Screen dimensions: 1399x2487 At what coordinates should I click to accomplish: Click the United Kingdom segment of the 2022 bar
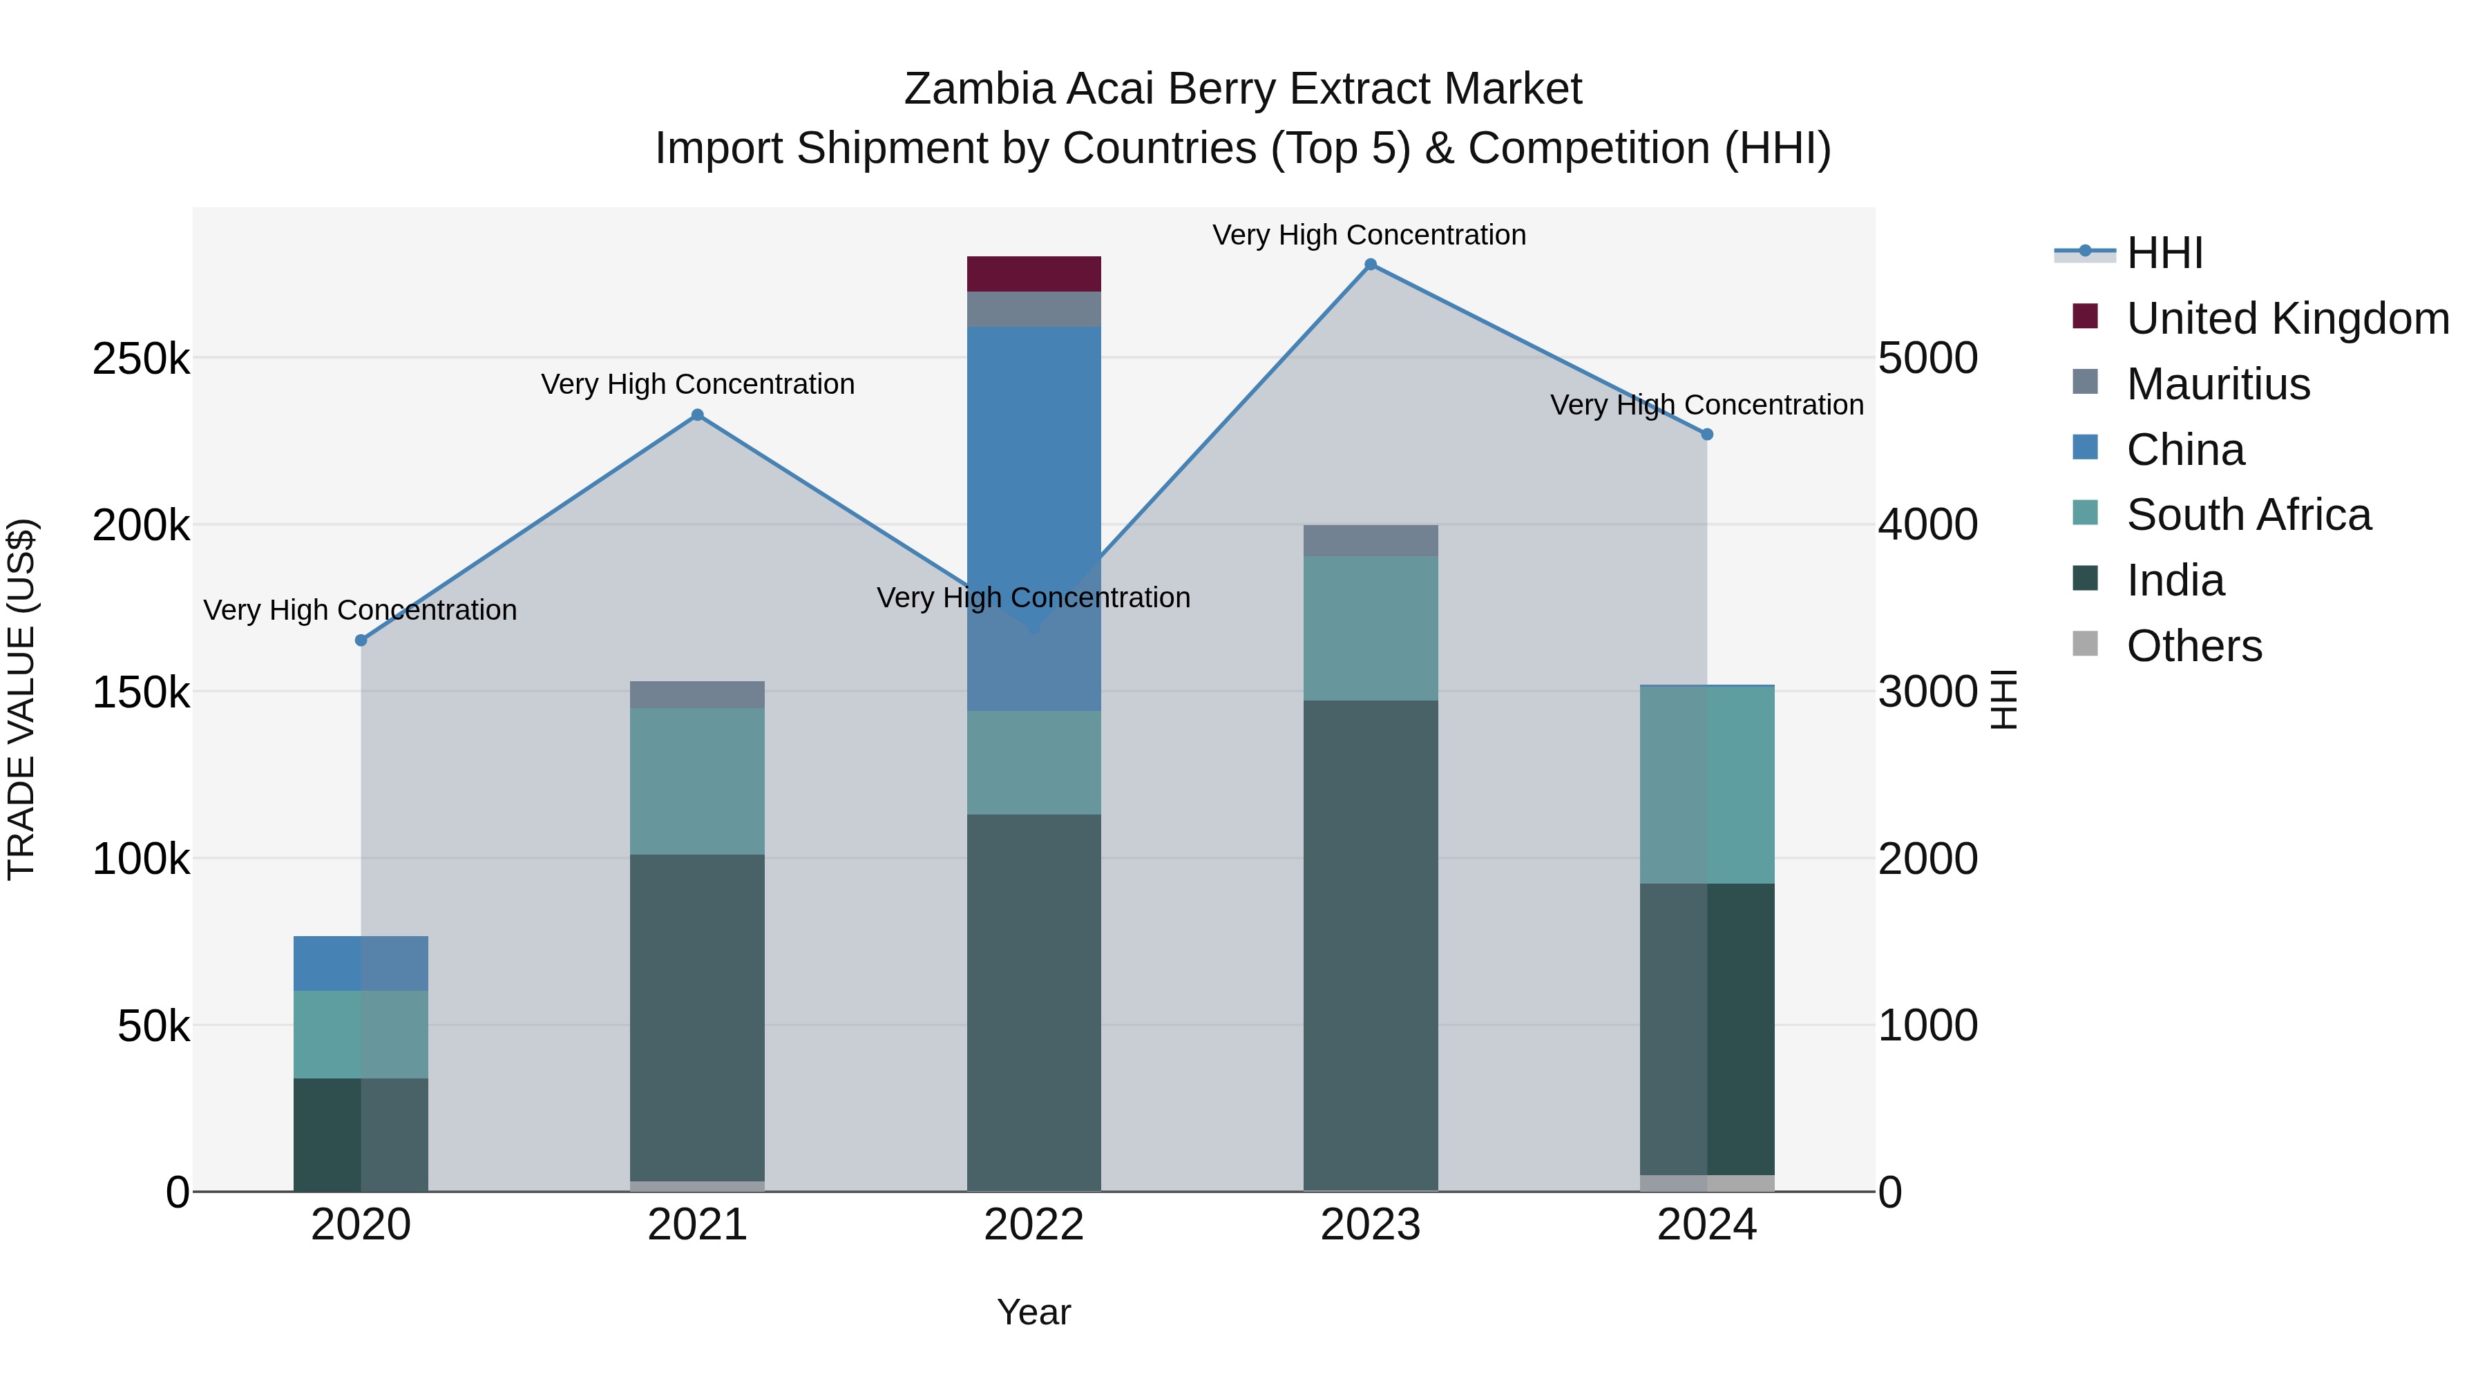coord(1034,274)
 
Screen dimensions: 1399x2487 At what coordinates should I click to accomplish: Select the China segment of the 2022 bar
coord(1034,483)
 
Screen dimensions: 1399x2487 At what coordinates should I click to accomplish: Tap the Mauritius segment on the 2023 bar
coord(1370,541)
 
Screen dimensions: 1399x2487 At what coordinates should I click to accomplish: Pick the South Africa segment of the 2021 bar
coord(697,781)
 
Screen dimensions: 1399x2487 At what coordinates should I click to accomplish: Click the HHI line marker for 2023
coord(1370,265)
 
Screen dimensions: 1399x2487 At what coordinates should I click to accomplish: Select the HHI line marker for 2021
coord(697,415)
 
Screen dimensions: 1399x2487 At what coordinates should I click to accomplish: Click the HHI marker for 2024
coord(1707,435)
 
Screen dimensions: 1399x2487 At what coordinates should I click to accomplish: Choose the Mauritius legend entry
coord(2218,384)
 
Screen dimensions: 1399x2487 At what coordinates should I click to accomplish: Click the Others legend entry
coord(2193,646)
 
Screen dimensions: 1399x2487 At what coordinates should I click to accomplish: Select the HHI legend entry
coord(2164,253)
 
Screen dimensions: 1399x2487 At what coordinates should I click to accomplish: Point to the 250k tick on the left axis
coord(141,359)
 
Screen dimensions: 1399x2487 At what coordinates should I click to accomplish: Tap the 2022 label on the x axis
coord(1034,1225)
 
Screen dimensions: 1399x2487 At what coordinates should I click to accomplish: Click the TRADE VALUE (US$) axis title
coord(21,699)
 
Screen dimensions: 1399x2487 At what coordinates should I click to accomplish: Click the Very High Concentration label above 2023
coord(1369,235)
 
